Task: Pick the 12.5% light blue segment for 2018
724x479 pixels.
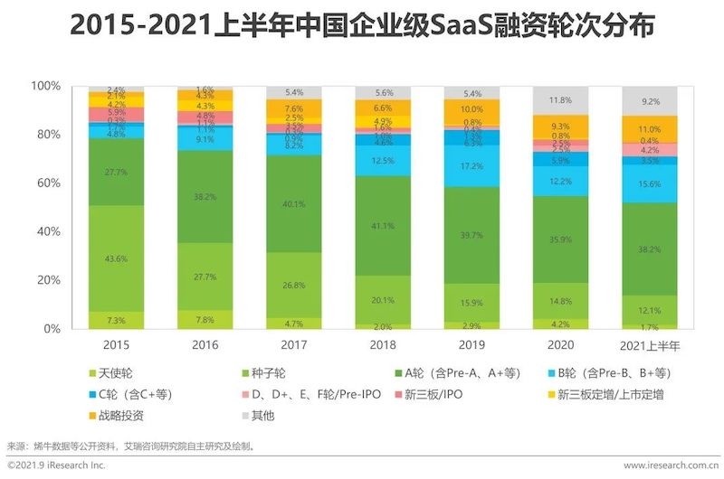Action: click(x=383, y=161)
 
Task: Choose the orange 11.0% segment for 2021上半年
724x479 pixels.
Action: click(x=650, y=129)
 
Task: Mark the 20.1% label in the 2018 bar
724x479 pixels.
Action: click(x=384, y=301)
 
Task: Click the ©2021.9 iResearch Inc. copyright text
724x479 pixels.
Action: click(x=56, y=465)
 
